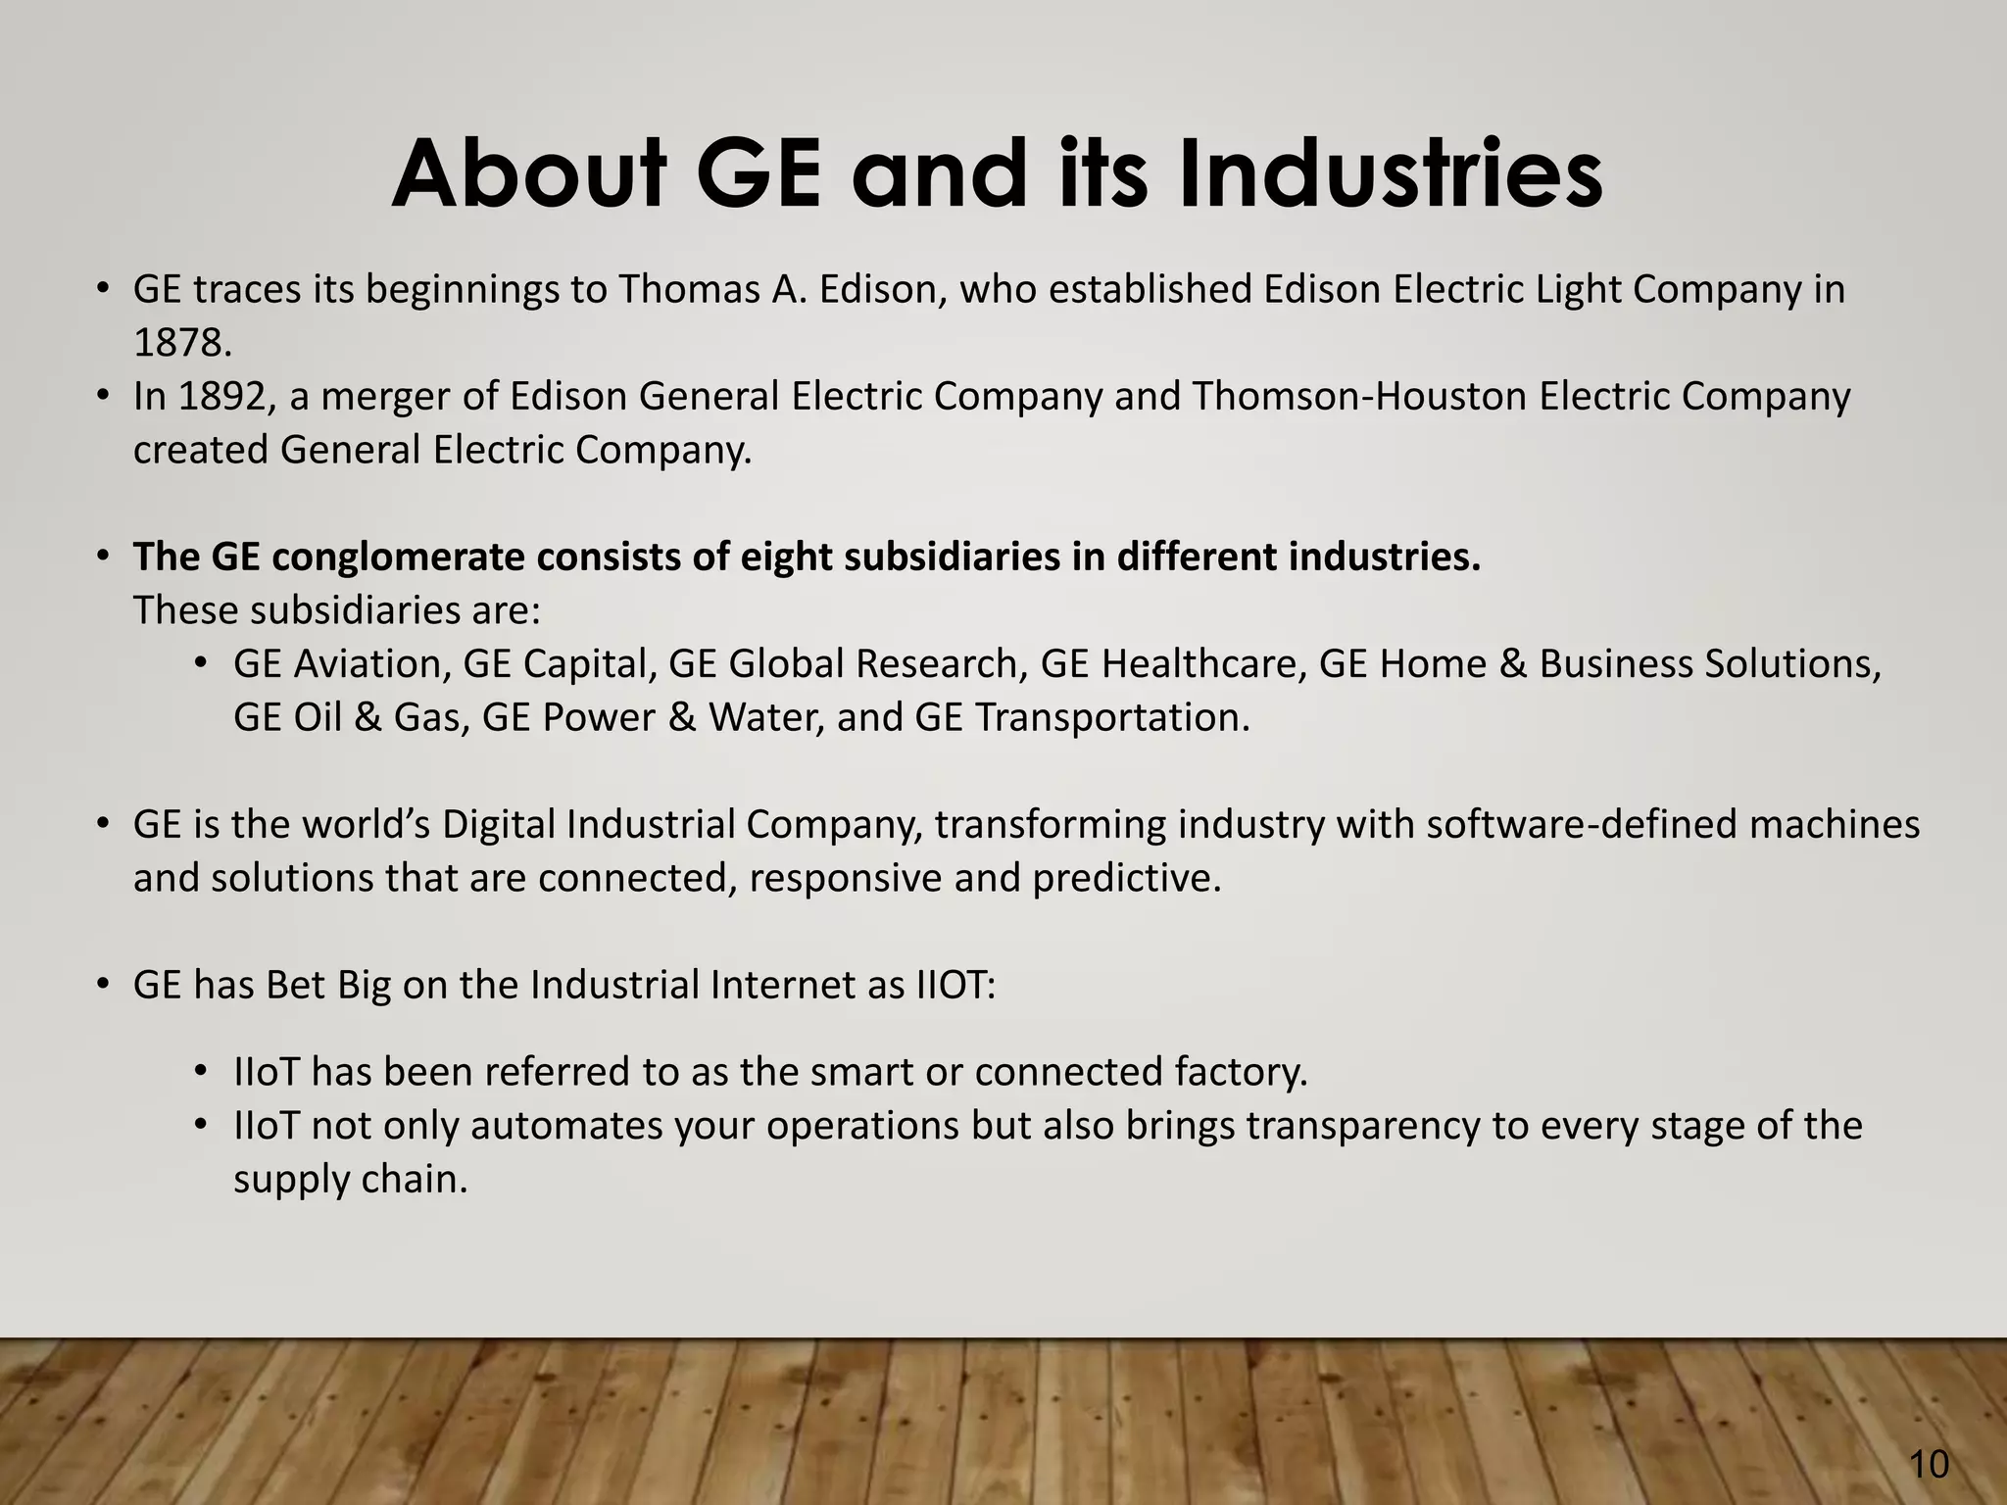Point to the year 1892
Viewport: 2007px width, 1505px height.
click(222, 396)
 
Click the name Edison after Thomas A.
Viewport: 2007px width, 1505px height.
click(882, 289)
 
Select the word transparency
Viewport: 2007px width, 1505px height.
click(1362, 1126)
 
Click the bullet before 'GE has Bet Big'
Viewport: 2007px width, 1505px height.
click(102, 985)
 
